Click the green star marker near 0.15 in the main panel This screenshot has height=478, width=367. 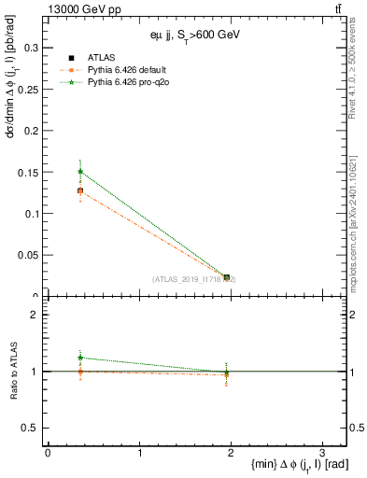[x=80, y=171]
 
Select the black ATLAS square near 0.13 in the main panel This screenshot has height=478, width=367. [x=80, y=190]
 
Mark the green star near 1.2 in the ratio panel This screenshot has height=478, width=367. [x=80, y=358]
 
